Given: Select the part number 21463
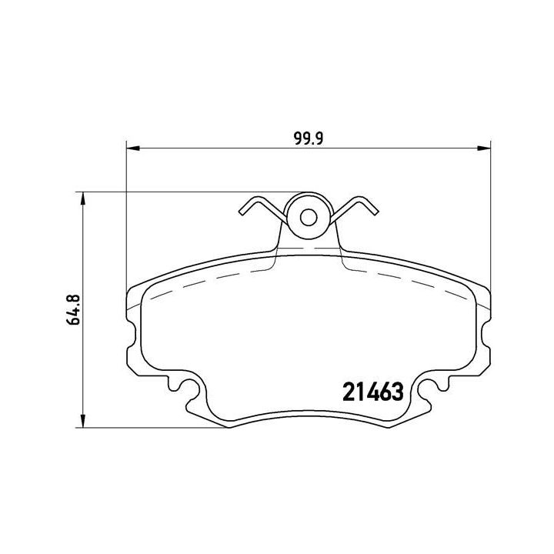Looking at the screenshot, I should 372,392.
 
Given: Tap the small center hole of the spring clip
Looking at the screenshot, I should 308,217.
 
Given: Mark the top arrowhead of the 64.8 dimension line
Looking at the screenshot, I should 81,196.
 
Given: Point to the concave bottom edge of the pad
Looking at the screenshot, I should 308,415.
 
